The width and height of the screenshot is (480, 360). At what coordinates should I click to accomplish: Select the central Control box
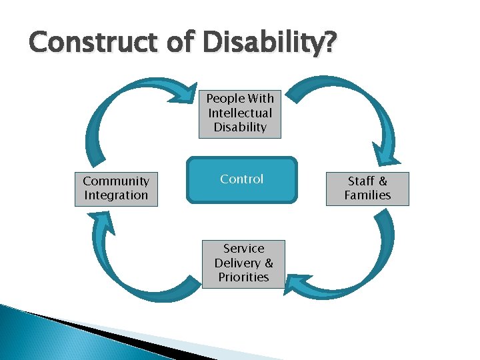tap(242, 179)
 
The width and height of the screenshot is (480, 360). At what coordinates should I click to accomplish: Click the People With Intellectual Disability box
tap(240, 113)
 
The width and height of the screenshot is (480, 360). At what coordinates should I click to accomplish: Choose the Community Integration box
tap(116, 188)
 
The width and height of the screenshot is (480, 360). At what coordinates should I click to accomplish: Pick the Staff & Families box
tap(367, 188)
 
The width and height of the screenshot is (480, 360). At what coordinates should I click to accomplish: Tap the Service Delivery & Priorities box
tap(243, 263)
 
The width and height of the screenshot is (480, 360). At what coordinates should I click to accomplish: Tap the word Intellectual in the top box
tap(240, 113)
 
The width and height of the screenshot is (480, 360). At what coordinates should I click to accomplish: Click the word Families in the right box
tap(367, 195)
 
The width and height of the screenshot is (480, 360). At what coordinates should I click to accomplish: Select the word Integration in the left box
tap(116, 195)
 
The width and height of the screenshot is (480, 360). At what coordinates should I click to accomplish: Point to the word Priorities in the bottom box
tap(243, 277)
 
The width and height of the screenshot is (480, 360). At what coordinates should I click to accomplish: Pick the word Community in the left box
tap(116, 181)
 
